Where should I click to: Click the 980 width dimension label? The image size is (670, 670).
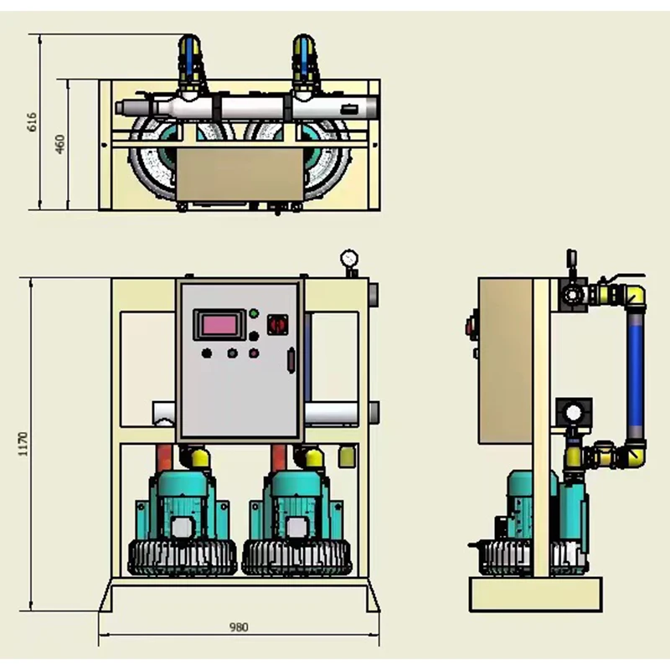239,627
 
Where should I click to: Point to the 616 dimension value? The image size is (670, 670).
33,122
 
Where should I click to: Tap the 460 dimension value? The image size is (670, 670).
59,144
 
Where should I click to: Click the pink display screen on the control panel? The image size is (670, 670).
220,323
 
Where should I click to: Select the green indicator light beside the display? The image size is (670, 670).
254,314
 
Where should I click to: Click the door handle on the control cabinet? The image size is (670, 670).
291,360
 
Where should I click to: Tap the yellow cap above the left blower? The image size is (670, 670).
198,456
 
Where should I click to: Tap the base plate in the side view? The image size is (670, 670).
536,595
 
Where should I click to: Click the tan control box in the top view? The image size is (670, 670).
239,174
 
